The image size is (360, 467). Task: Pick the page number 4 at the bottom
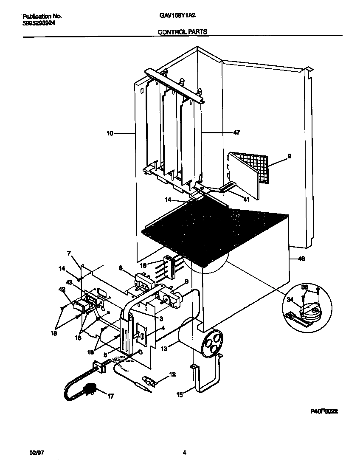[x=184, y=453]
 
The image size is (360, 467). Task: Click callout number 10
[x=110, y=133]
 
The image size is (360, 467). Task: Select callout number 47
[x=236, y=132]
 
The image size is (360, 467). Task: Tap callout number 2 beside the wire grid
[x=289, y=156]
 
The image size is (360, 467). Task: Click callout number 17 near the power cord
[x=110, y=397]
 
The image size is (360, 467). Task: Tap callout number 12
[x=172, y=374]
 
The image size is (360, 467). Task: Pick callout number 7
[x=69, y=253]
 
